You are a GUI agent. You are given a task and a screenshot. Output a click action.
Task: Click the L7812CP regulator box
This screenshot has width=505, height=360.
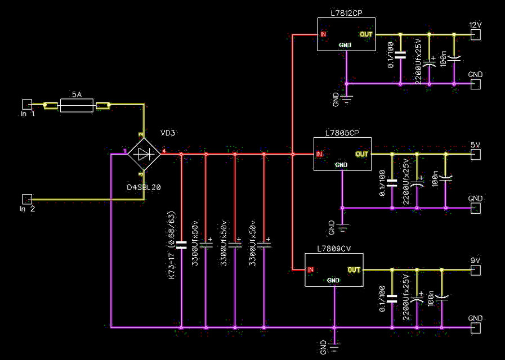pyautogui.click(x=346, y=34)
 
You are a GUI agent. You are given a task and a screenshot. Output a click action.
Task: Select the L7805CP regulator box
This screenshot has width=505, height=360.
pyautogui.click(x=342, y=154)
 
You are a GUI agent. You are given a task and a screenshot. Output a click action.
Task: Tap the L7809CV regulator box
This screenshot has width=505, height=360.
pyautogui.click(x=334, y=269)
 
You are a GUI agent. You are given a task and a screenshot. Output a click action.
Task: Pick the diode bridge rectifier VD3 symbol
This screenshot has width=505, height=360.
pyautogui.click(x=144, y=152)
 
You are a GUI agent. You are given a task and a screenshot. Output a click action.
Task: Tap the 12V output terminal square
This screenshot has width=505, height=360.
pyautogui.click(x=476, y=35)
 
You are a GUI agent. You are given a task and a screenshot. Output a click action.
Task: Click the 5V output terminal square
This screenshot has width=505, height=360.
pyautogui.click(x=476, y=154)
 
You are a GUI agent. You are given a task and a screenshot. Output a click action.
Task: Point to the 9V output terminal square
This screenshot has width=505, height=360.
pyautogui.click(x=476, y=270)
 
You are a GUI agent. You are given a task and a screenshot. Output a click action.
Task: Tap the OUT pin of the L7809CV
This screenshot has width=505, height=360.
pyautogui.click(x=354, y=270)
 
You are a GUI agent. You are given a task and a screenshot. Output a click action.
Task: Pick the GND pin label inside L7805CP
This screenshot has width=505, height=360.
pyautogui.click(x=341, y=165)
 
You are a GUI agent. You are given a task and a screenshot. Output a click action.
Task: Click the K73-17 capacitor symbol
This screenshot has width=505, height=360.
pyautogui.click(x=181, y=245)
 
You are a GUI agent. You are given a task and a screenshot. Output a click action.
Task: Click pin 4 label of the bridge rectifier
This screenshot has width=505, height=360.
pyautogui.click(x=164, y=151)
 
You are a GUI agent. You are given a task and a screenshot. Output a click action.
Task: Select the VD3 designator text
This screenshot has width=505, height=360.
pyautogui.click(x=168, y=133)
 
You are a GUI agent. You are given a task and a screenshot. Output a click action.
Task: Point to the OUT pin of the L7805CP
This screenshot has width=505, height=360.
pyautogui.click(x=362, y=154)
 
